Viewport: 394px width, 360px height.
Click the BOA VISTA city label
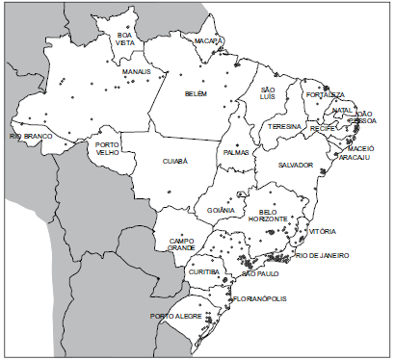pyautogui.click(x=126, y=39)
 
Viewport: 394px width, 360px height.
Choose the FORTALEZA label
pyautogui.click(x=324, y=95)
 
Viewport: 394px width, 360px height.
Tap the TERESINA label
pyautogui.click(x=286, y=126)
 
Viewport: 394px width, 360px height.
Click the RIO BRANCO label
pyautogui.click(x=29, y=137)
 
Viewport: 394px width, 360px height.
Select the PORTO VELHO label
pyautogui.click(x=108, y=150)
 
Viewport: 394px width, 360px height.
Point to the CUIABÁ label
pyautogui.click(x=174, y=162)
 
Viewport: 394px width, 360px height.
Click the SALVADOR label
pyautogui.click(x=296, y=165)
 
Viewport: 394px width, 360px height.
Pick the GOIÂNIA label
pyautogui.click(x=221, y=210)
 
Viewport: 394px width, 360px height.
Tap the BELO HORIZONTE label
pyautogui.click(x=274, y=216)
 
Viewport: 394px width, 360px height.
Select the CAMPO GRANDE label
pyautogui.click(x=182, y=244)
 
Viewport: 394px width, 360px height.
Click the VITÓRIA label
pyautogui.click(x=323, y=232)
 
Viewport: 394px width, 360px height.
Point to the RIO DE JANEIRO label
pyautogui.click(x=323, y=255)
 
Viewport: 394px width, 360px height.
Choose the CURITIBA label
pyautogui.click(x=204, y=271)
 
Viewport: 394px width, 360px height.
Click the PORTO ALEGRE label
pyautogui.click(x=174, y=316)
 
